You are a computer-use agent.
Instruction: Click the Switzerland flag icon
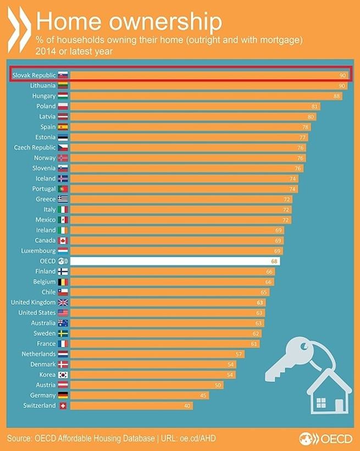(63, 406)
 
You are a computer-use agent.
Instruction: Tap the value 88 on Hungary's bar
(337, 96)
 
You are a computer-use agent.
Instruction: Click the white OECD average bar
(175, 261)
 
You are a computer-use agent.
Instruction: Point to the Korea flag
(63, 374)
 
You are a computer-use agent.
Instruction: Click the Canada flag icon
(63, 241)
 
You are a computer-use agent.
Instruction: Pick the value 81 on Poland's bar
(315, 106)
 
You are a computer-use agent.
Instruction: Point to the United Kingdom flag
(63, 302)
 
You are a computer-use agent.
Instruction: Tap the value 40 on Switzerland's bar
(188, 406)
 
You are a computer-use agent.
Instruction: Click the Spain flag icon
(63, 127)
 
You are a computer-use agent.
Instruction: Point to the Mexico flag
(63, 220)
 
